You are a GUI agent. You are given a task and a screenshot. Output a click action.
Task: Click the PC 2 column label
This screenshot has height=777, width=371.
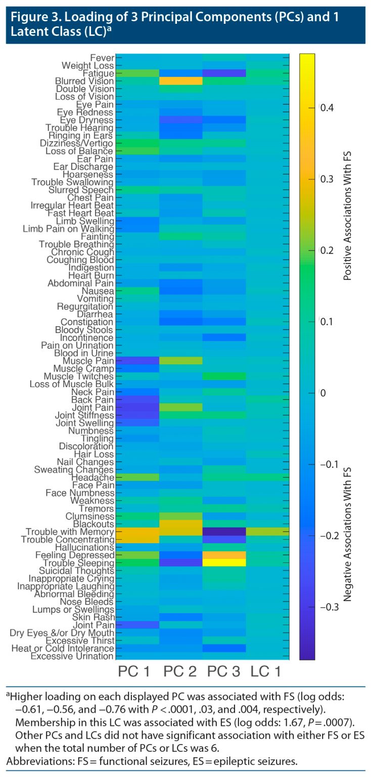[180, 671]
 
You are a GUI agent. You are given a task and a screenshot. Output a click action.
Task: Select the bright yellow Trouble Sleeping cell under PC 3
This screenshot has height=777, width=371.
[224, 563]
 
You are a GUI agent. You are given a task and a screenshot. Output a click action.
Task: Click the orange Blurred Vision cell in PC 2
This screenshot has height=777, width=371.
[180, 81]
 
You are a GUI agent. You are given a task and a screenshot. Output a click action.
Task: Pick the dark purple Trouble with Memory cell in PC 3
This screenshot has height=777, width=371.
[224, 531]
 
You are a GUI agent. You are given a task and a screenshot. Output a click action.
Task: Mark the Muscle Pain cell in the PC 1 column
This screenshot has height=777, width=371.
[137, 360]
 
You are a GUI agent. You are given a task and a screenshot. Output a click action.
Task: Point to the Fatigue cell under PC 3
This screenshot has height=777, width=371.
[224, 73]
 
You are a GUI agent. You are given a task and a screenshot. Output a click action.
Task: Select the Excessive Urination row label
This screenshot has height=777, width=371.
[72, 656]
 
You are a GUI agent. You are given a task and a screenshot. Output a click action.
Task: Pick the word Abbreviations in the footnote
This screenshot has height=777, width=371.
[33, 761]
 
